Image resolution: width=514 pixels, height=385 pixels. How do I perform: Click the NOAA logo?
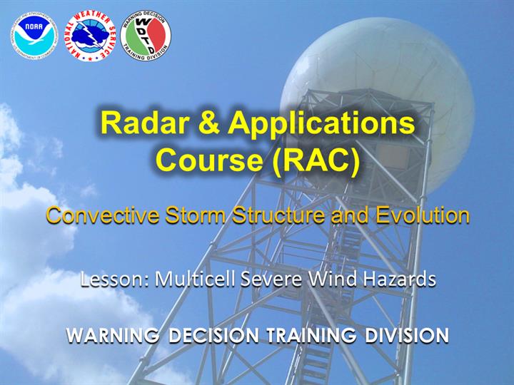coord(34,36)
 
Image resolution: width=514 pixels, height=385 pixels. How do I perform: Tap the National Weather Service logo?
coord(90,36)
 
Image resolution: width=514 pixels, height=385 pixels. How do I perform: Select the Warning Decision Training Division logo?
coord(145,36)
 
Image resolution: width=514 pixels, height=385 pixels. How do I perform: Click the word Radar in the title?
coord(144,123)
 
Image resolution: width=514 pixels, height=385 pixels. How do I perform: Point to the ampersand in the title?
coord(207,123)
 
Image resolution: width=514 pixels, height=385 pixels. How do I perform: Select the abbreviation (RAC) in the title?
coord(316,160)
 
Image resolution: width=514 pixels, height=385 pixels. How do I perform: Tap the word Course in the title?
coord(209,160)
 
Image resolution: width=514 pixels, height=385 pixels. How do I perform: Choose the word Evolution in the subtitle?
coord(423,216)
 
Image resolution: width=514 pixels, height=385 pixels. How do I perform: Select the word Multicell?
coord(196,279)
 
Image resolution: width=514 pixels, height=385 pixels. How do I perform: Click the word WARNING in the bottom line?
coord(113,336)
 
